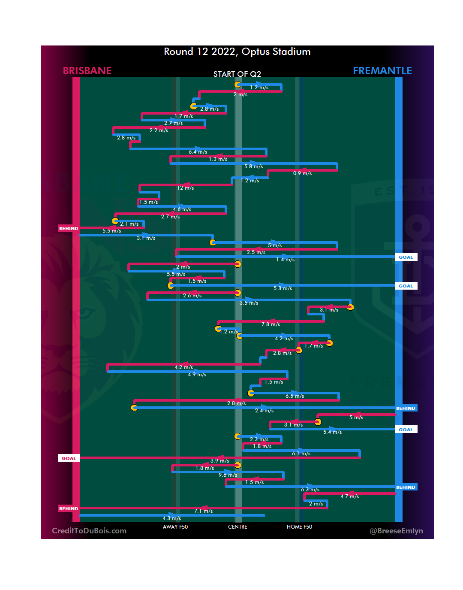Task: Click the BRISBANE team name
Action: pos(87,71)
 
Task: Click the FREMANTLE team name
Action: pos(382,71)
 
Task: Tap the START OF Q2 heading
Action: pos(237,74)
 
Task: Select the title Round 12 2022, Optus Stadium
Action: pos(237,52)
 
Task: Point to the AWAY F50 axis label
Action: pos(175,527)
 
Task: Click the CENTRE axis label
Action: pos(238,527)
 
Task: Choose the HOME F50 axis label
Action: pos(299,527)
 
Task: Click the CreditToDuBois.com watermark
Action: pos(89,531)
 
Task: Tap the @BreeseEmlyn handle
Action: pos(396,531)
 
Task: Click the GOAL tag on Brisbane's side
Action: pos(69,458)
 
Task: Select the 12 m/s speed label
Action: pos(186,188)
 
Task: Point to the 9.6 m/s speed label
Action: pos(228,475)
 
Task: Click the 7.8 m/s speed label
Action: pos(271,324)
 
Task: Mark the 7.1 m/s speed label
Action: pos(203,511)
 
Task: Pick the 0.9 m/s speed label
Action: pos(302,173)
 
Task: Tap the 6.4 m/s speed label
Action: pos(198,152)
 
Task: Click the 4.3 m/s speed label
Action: pos(171,518)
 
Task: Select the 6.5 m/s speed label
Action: pos(295,396)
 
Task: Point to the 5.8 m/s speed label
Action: pos(253,166)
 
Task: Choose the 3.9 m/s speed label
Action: pos(219,461)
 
